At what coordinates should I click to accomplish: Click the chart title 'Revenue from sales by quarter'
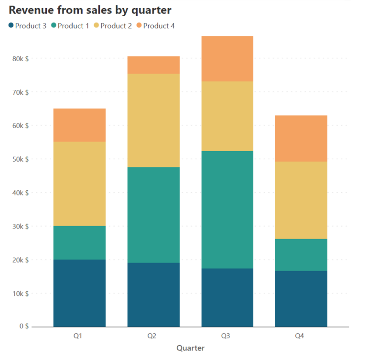90,10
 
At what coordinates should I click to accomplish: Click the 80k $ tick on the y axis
20,58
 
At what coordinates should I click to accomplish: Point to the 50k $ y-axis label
20,159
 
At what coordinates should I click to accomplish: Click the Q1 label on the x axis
77,336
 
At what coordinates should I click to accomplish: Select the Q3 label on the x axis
226,336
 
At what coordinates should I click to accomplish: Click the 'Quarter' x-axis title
190,348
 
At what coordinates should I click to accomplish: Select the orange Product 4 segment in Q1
79,125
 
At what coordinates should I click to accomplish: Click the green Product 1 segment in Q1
79,242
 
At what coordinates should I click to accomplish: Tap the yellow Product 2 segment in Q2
153,120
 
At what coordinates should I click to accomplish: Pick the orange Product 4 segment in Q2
153,65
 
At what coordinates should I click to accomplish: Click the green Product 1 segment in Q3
227,209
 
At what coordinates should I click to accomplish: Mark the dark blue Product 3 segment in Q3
227,297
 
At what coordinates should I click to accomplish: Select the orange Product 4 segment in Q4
301,138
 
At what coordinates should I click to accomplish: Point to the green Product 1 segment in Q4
301,254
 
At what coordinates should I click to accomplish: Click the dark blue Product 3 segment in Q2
153,295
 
